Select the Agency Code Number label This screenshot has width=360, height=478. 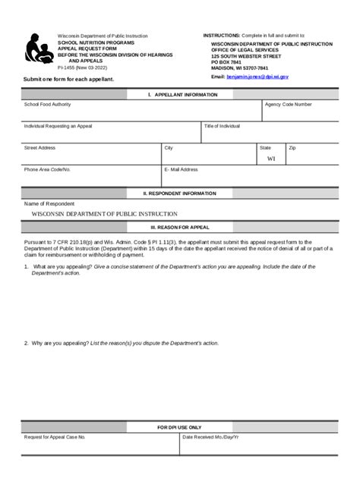(x=288, y=104)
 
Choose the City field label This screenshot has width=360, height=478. (x=169, y=148)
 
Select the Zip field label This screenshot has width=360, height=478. (x=292, y=148)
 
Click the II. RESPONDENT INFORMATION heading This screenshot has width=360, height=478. (x=179, y=193)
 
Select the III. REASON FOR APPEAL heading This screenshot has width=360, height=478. (x=179, y=226)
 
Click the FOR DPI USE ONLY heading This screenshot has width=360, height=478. (x=179, y=428)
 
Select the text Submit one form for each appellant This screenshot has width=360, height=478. (x=68, y=79)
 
